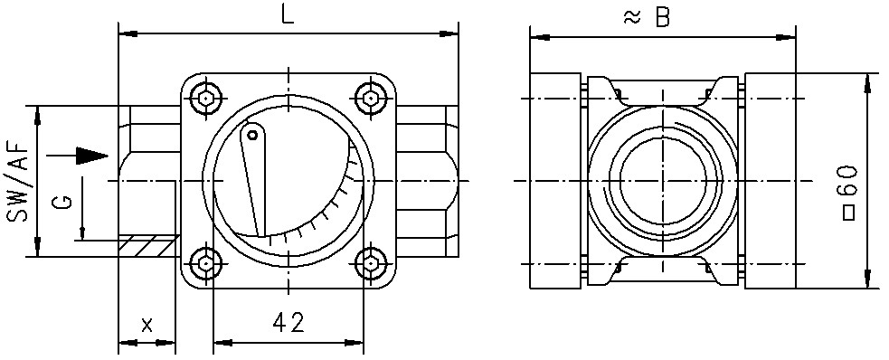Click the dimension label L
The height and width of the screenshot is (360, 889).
click(288, 14)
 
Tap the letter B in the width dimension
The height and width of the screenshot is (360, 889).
click(662, 17)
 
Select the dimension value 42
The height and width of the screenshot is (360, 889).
click(288, 323)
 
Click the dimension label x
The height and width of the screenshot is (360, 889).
click(147, 325)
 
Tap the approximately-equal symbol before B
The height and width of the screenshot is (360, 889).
click(632, 18)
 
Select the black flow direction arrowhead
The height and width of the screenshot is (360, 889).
click(92, 156)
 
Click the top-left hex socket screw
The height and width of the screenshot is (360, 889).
click(206, 99)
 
